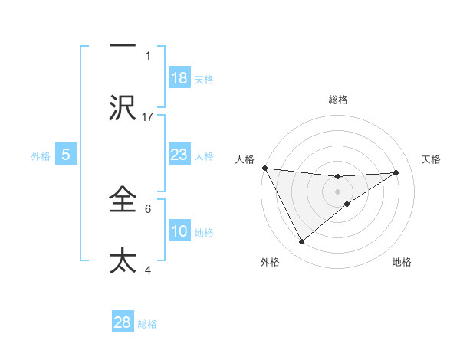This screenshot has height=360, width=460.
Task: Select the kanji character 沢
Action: pyautogui.click(x=123, y=108)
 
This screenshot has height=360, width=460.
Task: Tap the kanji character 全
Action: pyautogui.click(x=123, y=200)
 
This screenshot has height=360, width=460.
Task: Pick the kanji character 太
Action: pyautogui.click(x=123, y=260)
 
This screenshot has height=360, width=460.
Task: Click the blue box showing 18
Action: pyautogui.click(x=179, y=78)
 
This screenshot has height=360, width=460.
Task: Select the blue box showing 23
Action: pyautogui.click(x=179, y=155)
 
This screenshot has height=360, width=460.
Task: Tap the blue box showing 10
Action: pyautogui.click(x=179, y=231)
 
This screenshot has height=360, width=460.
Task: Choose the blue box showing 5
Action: pyautogui.click(x=66, y=155)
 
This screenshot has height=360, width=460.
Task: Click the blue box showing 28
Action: pyautogui.click(x=123, y=322)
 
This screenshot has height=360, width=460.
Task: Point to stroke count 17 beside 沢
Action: pyautogui.click(x=149, y=116)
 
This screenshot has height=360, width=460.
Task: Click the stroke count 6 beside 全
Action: pyautogui.click(x=148, y=208)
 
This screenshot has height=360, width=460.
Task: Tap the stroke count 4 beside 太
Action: pyautogui.click(x=148, y=269)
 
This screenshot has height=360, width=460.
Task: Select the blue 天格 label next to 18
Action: pyautogui.click(x=204, y=79)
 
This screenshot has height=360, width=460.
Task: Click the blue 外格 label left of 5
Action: pyautogui.click(x=41, y=155)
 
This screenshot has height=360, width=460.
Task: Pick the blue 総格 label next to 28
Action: pyautogui.click(x=147, y=323)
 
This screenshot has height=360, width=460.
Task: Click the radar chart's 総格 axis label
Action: pyautogui.click(x=338, y=100)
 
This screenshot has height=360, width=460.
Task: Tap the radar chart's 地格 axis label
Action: pyautogui.click(x=402, y=262)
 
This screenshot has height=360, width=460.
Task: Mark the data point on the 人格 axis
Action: pyautogui.click(x=264, y=168)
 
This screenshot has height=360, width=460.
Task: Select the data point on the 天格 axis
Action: pyautogui.click(x=396, y=172)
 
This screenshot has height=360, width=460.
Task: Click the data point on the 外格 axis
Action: pyautogui.click(x=302, y=242)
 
